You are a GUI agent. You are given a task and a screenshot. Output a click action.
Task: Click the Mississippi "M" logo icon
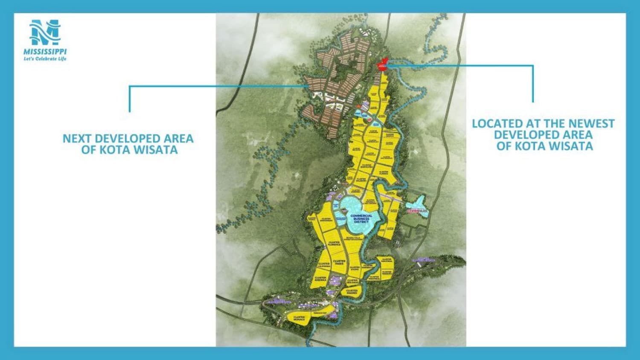[45, 33]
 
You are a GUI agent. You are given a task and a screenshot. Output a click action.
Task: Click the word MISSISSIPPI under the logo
[45, 52]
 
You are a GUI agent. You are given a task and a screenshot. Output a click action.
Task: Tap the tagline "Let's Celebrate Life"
[45, 59]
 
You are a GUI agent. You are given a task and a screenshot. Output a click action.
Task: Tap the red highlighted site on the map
[382, 65]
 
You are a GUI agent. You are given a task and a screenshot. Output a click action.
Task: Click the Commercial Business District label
[361, 218]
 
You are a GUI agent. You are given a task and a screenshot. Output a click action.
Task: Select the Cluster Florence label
[334, 244]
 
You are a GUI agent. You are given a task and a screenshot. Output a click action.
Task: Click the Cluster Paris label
[339, 262]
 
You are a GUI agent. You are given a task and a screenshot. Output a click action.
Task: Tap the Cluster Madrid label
[352, 292]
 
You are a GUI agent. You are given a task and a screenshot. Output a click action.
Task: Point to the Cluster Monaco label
[299, 318]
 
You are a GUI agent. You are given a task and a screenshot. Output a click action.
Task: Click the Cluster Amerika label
[320, 279]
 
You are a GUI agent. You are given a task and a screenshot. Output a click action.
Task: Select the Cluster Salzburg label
[361, 180]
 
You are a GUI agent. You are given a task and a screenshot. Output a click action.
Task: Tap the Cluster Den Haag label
[352, 281]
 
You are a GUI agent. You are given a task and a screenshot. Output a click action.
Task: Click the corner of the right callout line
[533, 66]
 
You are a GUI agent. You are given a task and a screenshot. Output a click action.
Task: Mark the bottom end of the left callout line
[130, 111]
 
